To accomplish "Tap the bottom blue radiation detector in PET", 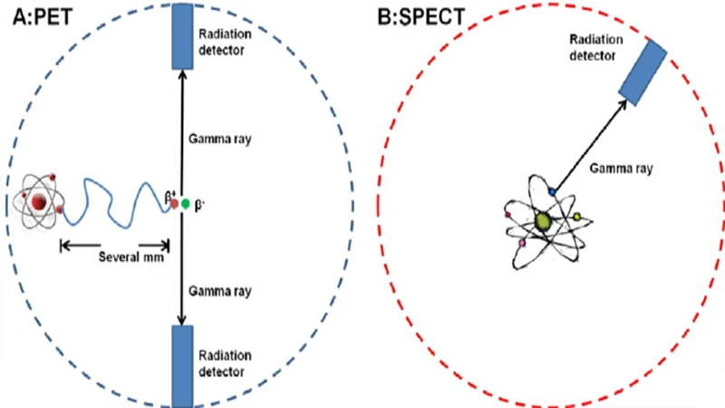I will pos(183,364).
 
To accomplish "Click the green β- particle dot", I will pos(186,203).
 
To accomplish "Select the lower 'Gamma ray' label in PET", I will pos(220,291).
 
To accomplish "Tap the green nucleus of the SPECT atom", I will pos(543,220).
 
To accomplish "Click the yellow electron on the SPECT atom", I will pos(577,217).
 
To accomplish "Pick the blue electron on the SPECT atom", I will pos(552,193).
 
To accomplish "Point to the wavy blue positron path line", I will pos(115,199).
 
